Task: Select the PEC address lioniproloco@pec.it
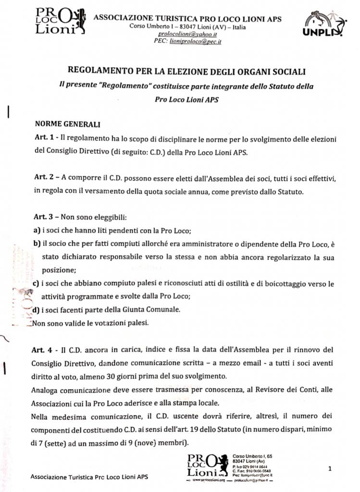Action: coord(195,42)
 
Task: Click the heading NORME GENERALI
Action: coord(67,123)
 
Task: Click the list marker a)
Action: coord(37,230)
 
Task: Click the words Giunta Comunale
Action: coord(143,310)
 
